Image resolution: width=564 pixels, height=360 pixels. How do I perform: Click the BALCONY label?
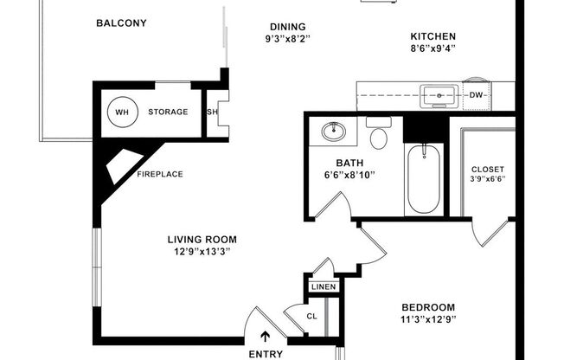pos(120,23)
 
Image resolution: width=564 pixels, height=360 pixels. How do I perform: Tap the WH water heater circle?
pos(119,112)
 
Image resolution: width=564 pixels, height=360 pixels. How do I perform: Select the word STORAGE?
pos(168,112)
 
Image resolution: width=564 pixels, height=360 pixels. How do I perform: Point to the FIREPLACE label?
pos(159,174)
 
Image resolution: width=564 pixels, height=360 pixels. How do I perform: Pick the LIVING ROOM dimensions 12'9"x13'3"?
pos(202,252)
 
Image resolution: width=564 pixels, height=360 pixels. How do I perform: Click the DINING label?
pos(286,27)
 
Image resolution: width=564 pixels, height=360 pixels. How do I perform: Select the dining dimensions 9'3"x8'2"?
pos(286,39)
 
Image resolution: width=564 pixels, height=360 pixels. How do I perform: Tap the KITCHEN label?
pos(433,36)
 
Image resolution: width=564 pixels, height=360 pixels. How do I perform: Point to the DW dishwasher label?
pos(476,95)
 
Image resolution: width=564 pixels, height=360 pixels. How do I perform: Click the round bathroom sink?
pos(332,132)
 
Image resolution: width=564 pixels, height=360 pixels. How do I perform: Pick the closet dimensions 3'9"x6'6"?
pos(487,180)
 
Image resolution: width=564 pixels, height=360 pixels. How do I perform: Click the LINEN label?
pos(323,286)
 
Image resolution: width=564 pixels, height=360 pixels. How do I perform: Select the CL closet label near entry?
pos(312,316)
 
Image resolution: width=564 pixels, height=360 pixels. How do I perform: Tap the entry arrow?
pos(266,337)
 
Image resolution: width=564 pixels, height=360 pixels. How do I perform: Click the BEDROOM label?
pos(428,307)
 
